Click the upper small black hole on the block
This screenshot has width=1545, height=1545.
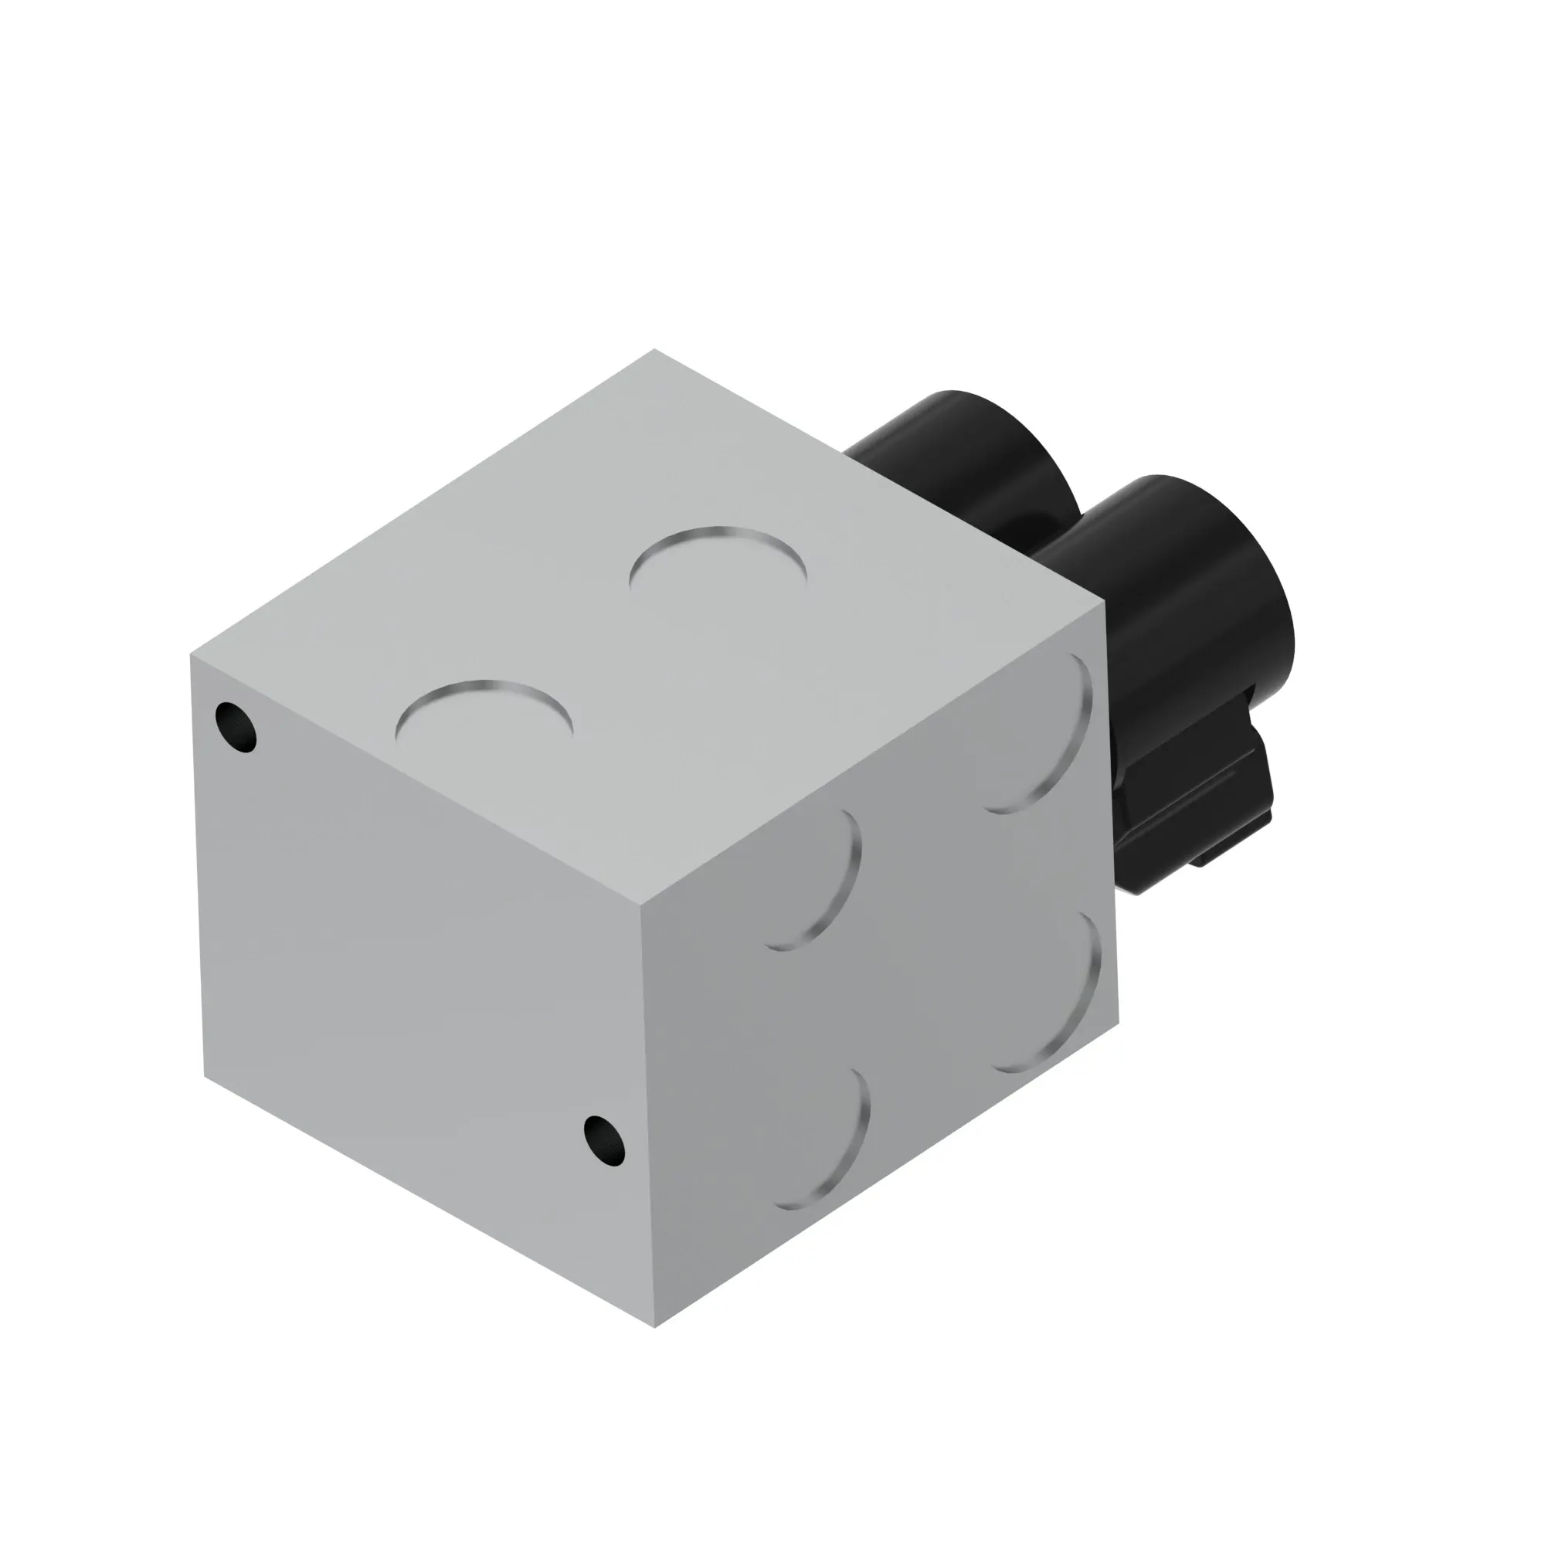pos(236,727)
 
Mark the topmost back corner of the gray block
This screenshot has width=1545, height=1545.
pos(654,349)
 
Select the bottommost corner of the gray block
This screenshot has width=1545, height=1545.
pos(655,1327)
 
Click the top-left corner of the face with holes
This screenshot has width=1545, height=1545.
pos(191,656)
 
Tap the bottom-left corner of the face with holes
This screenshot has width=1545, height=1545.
pos(205,1076)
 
